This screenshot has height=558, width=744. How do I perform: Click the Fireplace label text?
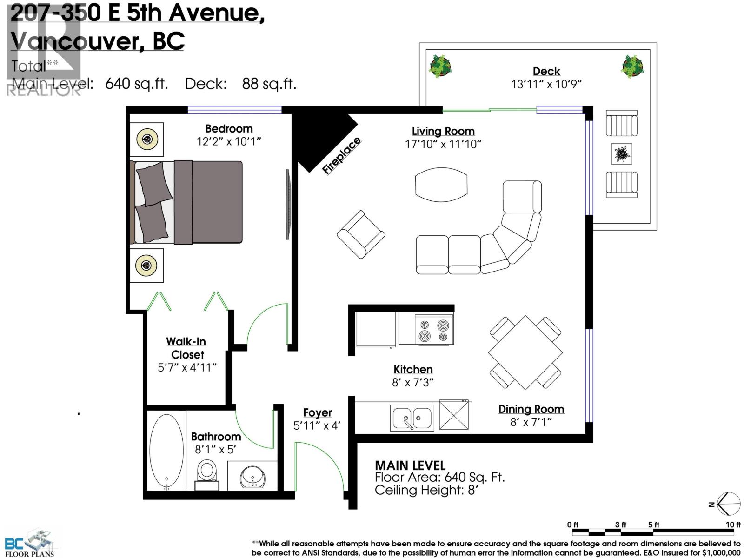pos(342,156)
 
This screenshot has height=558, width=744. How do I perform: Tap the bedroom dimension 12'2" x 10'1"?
pos(229,141)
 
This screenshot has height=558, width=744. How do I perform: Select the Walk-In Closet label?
pos(186,348)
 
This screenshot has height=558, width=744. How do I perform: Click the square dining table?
pos(525,352)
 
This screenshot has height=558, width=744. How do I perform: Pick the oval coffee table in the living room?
pos(441,185)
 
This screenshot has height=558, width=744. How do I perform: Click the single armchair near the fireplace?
pos(361,234)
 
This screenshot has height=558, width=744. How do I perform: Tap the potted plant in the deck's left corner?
pos(440,66)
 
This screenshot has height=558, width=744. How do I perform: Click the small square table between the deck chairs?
pos(621,154)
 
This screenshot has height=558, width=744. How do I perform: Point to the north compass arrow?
pos(727,504)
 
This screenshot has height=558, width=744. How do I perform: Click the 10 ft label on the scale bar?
pos(733,525)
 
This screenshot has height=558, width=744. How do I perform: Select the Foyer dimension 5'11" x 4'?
pos(317,425)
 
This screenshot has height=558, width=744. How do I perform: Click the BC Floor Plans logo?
pos(29,543)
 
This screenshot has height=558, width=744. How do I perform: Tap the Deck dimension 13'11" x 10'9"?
pos(546,84)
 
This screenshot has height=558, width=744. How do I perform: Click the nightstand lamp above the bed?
pos(147,139)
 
